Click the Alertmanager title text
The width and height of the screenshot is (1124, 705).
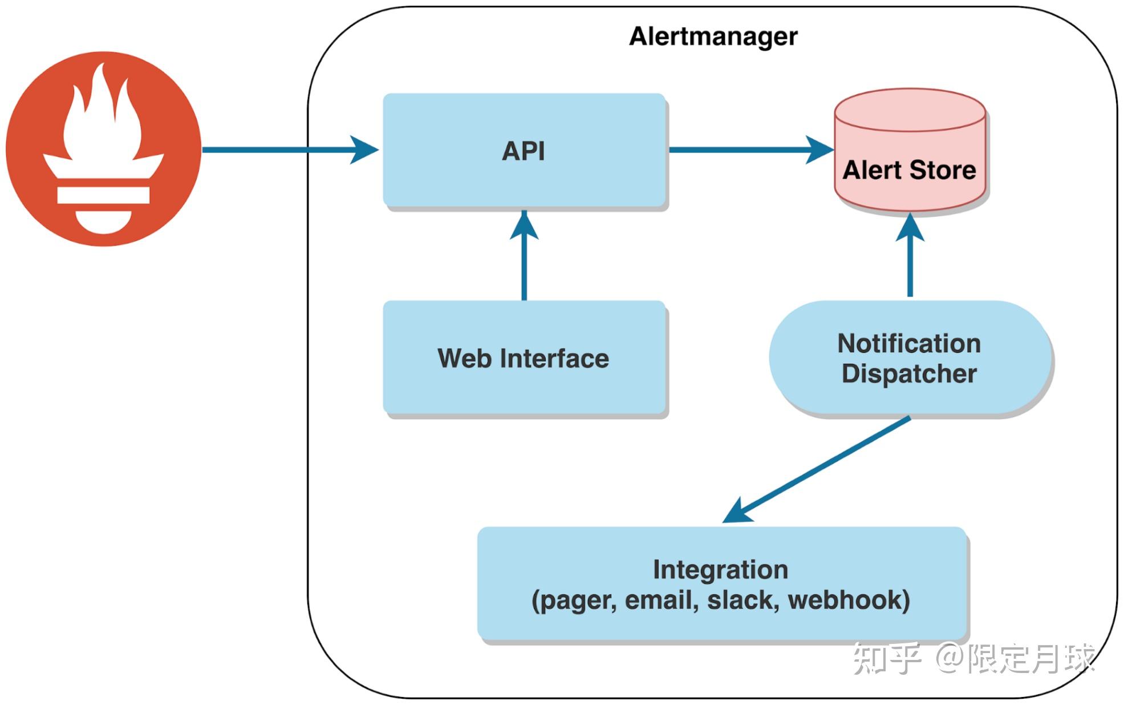[x=713, y=37]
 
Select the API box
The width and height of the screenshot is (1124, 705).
[x=524, y=151]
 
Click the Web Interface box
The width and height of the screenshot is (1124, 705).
[x=524, y=358]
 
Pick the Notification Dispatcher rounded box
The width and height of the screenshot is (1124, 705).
[x=910, y=358]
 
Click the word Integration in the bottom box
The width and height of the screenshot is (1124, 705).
[x=720, y=570]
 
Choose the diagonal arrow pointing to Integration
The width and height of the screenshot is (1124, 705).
[x=821, y=468]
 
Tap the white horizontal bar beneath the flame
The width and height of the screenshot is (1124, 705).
[x=103, y=195]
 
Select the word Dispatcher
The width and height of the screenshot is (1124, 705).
[x=909, y=374]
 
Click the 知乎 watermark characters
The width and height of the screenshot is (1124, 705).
[x=886, y=658]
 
